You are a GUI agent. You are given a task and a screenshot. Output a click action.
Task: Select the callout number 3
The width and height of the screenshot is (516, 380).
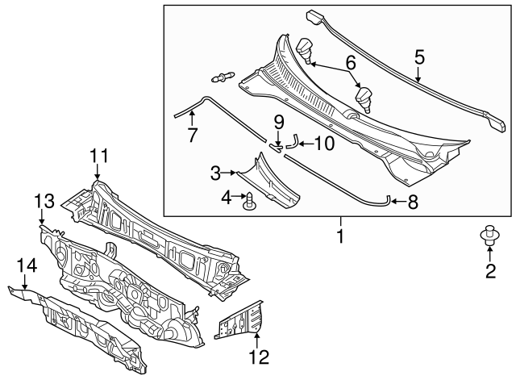[x=215, y=172]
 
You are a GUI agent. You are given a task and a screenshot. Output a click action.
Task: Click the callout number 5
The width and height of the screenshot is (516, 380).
[x=418, y=57]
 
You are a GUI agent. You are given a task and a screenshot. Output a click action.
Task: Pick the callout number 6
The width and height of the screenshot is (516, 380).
[x=350, y=61]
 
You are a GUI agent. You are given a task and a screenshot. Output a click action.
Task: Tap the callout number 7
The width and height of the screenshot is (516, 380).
[x=192, y=136]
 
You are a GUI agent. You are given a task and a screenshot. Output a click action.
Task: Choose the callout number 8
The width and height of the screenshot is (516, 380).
[x=413, y=203]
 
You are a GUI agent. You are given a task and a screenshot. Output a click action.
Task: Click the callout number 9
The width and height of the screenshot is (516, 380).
[x=278, y=123]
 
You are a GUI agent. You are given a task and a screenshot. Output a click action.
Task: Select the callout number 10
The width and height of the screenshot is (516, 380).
[x=322, y=144]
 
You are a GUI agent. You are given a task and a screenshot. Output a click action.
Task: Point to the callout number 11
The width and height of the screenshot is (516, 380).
[x=98, y=155]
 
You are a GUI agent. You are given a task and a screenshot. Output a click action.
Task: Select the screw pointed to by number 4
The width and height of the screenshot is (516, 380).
[x=251, y=202]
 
